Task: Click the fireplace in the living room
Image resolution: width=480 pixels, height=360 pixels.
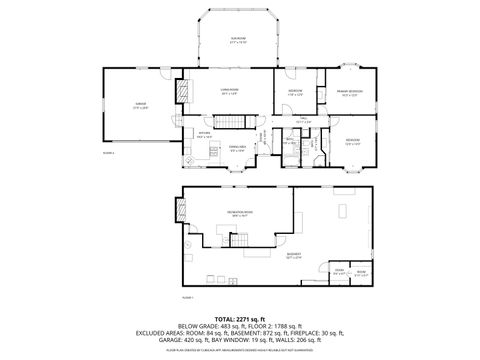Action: click(182, 93)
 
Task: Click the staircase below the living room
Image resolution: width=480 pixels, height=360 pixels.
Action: click(233, 122)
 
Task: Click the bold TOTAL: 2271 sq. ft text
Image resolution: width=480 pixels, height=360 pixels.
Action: click(239, 318)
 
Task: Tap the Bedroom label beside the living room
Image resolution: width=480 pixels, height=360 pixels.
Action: click(295, 92)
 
